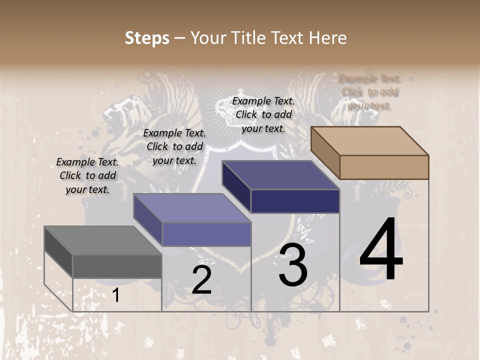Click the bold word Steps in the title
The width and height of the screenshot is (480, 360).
[147, 38]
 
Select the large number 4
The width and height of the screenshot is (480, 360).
[381, 250]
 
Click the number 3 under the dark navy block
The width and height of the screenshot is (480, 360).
[292, 265]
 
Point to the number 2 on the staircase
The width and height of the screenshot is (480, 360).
[201, 280]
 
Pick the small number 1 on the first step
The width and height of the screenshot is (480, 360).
[116, 295]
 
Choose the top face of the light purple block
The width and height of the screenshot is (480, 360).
[192, 208]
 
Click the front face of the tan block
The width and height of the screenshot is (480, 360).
[384, 167]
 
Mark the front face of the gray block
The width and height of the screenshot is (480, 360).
[117, 266]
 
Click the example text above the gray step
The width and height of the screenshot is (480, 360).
[87, 176]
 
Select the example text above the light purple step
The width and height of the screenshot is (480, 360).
[174, 146]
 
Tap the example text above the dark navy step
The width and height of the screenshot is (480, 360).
[263, 114]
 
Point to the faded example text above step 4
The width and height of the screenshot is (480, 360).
[369, 92]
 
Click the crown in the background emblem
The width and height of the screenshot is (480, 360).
[228, 108]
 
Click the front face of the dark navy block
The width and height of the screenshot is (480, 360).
[295, 201]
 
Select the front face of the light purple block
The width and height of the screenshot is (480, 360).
[206, 234]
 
